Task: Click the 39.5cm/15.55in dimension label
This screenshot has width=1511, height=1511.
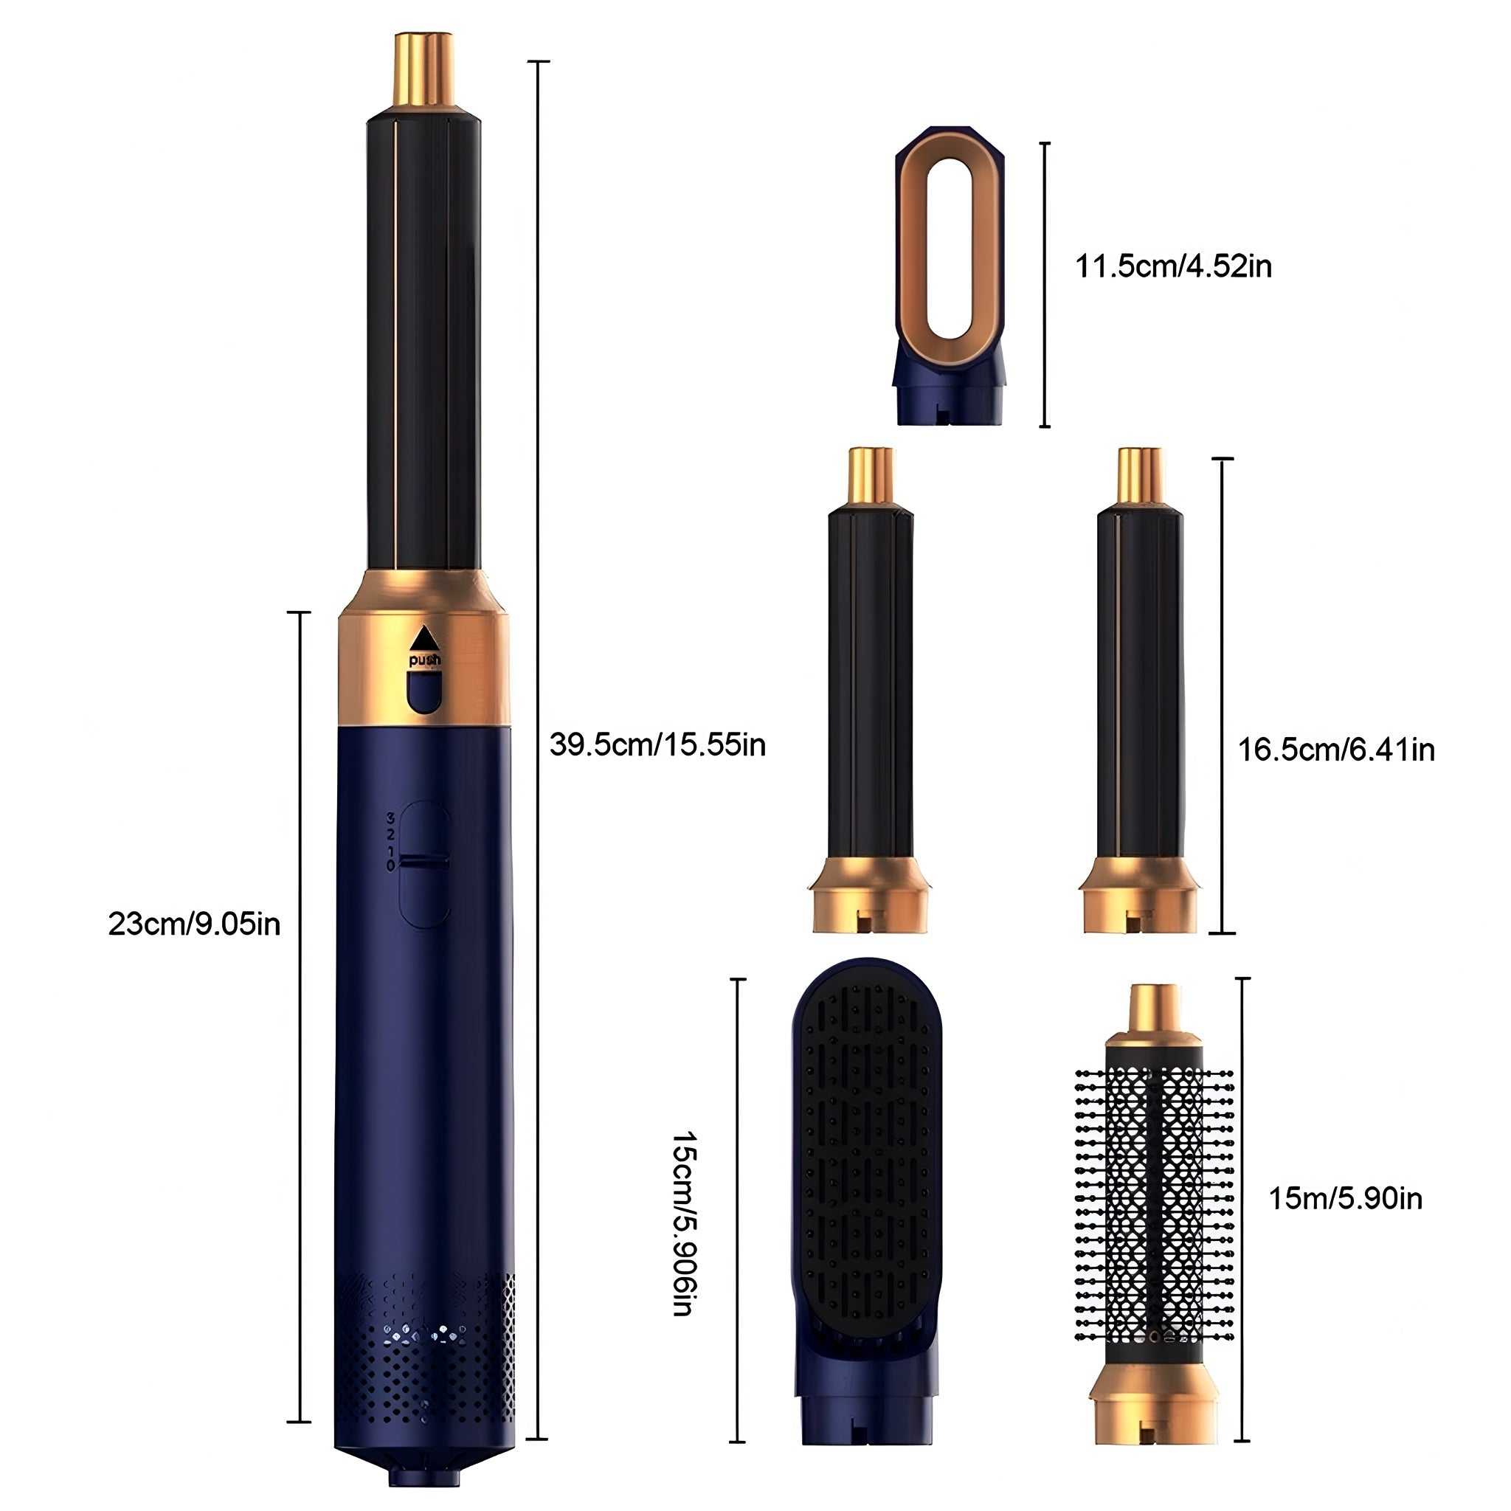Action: pos(657,744)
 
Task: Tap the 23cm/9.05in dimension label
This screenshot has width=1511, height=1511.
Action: pos(194,925)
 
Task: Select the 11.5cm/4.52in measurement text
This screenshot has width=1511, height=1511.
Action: pos(1173,266)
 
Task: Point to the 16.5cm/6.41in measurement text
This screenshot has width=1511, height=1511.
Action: pos(1336,750)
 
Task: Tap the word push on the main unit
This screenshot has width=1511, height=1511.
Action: pos(425,661)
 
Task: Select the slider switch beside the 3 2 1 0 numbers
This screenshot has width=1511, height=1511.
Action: pos(425,863)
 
